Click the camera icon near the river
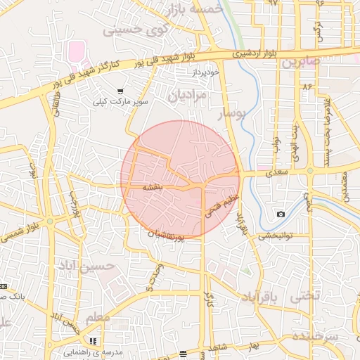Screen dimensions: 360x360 point(281,214)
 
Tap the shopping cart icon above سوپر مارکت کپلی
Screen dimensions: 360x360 point(120,91)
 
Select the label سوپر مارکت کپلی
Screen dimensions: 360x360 point(123,102)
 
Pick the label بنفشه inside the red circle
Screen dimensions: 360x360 point(153,188)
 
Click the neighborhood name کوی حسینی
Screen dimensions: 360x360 point(136,30)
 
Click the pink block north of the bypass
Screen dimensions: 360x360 point(76,51)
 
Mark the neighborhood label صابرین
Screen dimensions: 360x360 point(301,62)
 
